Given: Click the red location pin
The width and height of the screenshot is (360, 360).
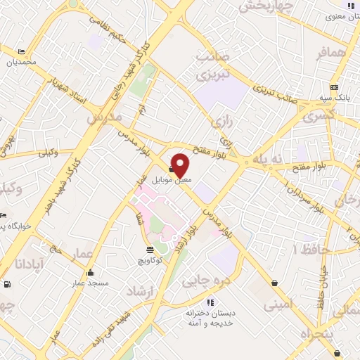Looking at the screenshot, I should (181, 164).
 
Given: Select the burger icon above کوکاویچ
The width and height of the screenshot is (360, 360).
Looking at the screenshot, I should (150, 250).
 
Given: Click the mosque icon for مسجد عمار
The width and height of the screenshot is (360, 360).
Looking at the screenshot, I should (90, 272).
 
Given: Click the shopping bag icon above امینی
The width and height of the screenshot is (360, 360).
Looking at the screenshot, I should (274, 283).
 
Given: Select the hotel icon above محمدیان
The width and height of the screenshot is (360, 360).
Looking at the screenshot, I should (20, 51).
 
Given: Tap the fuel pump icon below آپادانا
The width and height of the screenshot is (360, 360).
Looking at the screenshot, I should (7, 285).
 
